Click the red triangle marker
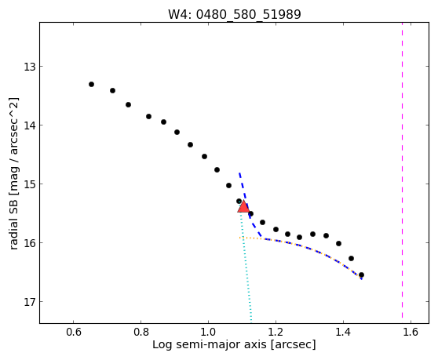(x=243, y=206)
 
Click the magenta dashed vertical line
(x=402, y=170)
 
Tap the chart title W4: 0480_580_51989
(x=235, y=15)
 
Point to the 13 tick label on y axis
(x=29, y=67)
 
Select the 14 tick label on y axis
(x=29, y=125)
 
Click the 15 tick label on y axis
(x=29, y=184)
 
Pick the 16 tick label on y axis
(x=29, y=243)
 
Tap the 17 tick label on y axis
(x=29, y=302)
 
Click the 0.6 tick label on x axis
(x=74, y=332)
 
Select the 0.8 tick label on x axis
(x=141, y=332)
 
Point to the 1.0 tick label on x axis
(x=208, y=332)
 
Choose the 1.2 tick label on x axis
(x=276, y=332)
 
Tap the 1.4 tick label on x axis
(x=343, y=332)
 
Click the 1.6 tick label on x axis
(x=411, y=332)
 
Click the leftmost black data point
(x=91, y=84)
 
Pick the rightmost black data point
(x=361, y=275)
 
